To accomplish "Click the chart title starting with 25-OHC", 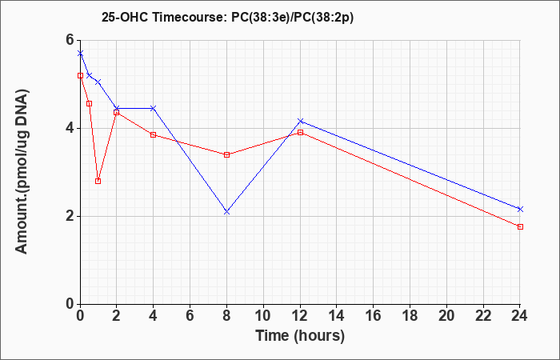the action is [227, 18].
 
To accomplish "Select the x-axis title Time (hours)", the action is [300, 336].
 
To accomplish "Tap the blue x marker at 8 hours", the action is [226, 212].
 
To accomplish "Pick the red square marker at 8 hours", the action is [226, 154].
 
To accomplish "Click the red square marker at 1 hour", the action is [98, 181].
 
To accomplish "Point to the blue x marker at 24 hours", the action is [520, 209].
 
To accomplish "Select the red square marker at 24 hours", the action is [520, 226].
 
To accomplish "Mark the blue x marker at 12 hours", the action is [300, 121].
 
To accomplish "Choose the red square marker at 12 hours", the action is [300, 133].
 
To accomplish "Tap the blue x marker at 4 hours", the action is [154, 108].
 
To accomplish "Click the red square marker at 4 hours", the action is [154, 134].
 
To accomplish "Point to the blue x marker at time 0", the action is [80, 54].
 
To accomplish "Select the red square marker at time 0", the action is [80, 75].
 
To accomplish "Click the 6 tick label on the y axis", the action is [70, 40].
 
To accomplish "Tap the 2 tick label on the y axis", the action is [70, 216].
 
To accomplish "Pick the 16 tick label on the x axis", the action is [374, 316].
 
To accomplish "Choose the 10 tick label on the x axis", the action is [263, 316].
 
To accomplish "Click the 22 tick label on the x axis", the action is [483, 316].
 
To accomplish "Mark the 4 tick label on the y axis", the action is [70, 128].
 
